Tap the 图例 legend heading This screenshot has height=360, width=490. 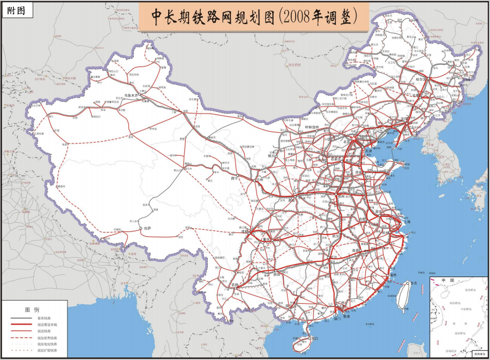pos(32,310)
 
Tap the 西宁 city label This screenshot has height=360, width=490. pos(234,178)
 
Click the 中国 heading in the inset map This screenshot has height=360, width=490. pos(447,281)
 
